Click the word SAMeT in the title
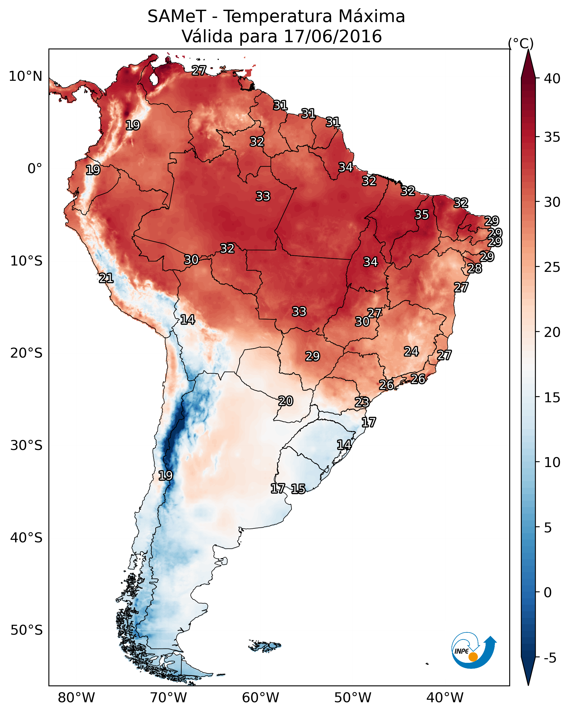click(x=177, y=17)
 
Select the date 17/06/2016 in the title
click(x=333, y=36)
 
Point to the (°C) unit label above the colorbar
click(x=521, y=43)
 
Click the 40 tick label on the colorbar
click(x=552, y=79)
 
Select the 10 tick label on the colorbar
click(x=552, y=462)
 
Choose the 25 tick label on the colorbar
click(x=552, y=267)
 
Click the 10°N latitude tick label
click(x=25, y=76)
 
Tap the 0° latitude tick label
click(x=35, y=169)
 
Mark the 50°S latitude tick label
click(x=26, y=630)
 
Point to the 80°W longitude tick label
click(x=76, y=698)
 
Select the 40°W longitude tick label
click(x=445, y=698)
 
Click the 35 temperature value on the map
click(x=421, y=215)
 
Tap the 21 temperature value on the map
click(x=106, y=278)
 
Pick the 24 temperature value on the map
click(x=411, y=351)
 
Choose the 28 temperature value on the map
click(x=475, y=268)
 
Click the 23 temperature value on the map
click(x=362, y=402)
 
